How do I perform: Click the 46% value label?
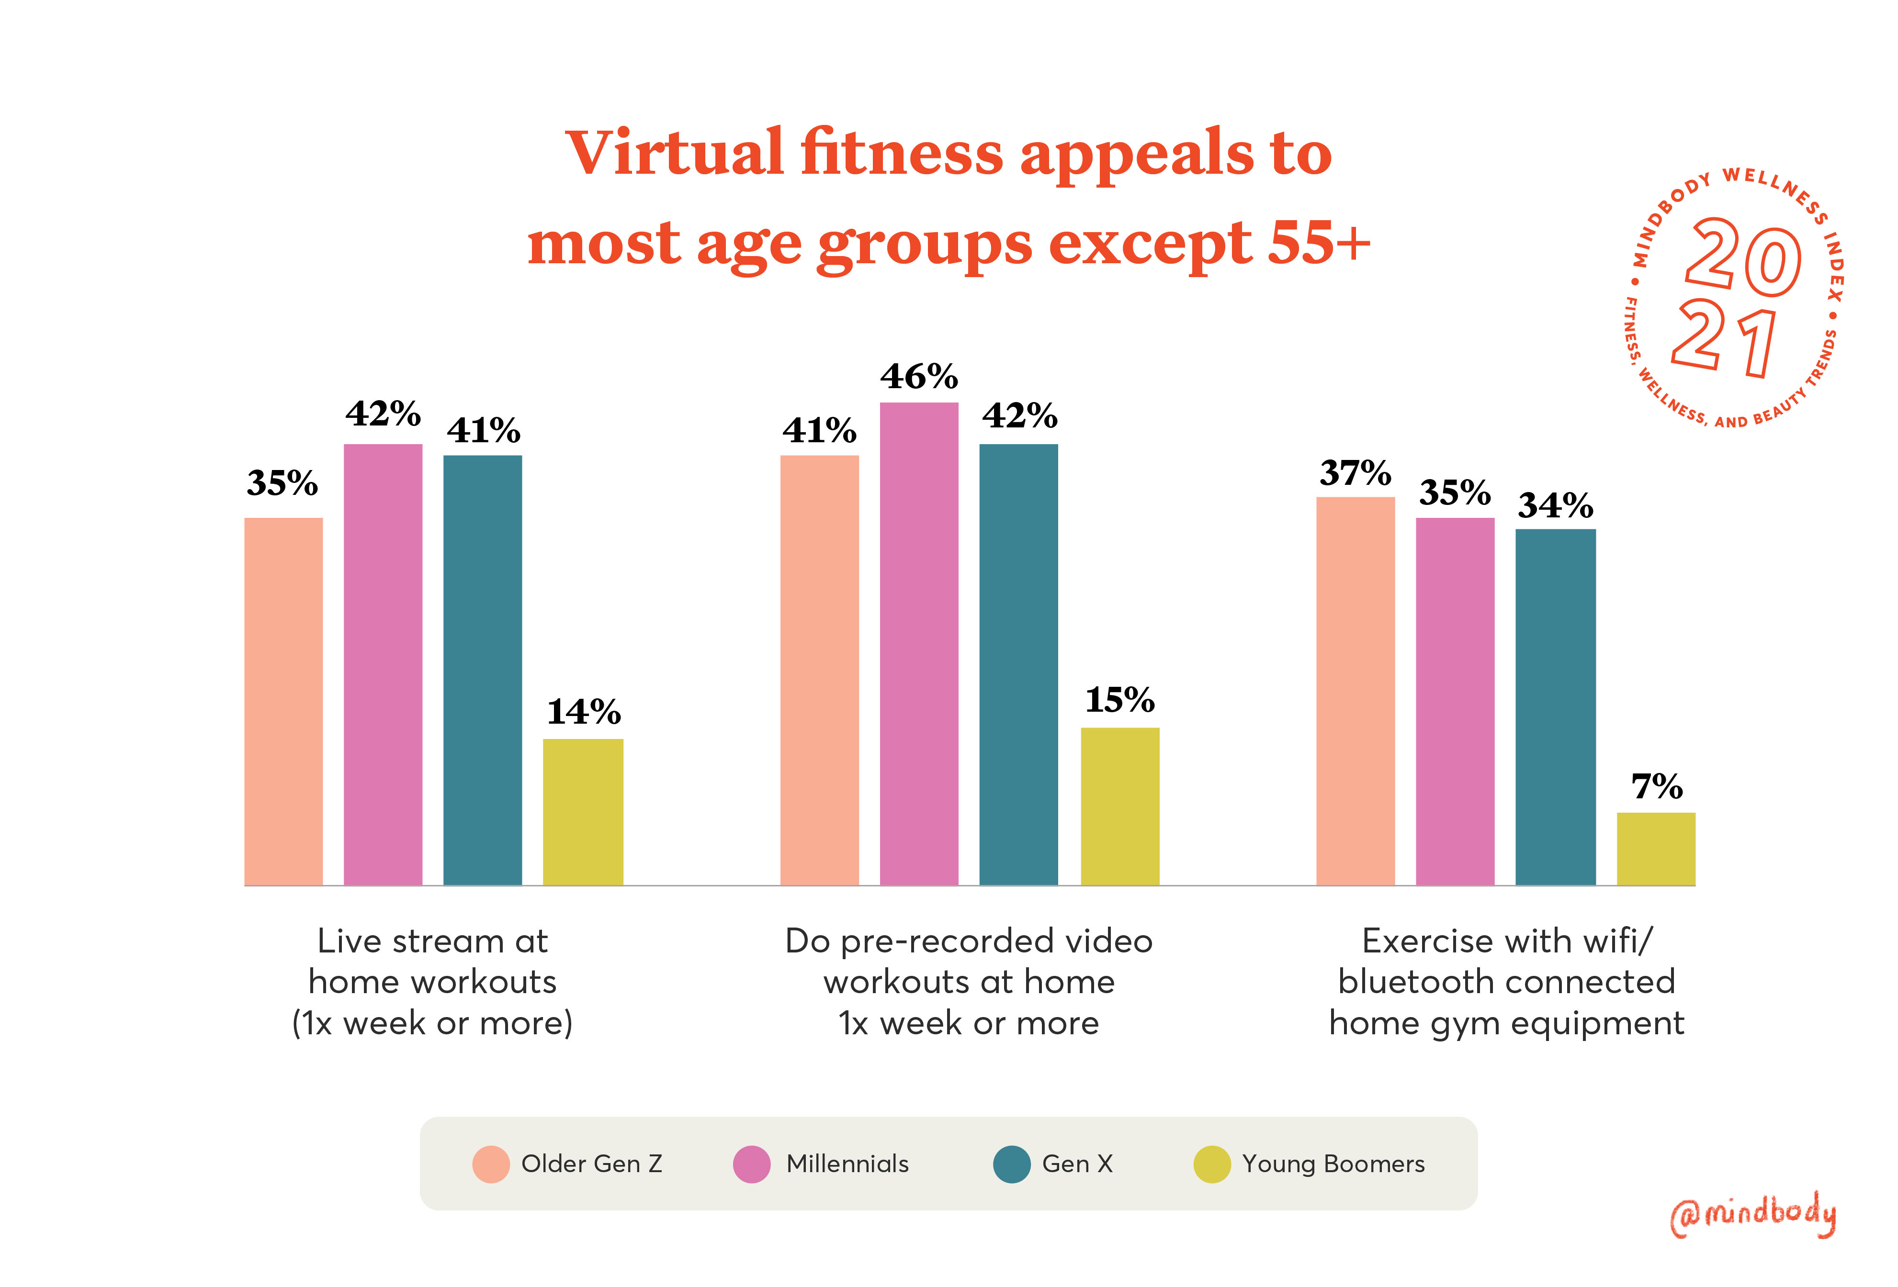click(919, 377)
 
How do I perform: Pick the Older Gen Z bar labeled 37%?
click(1355, 690)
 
